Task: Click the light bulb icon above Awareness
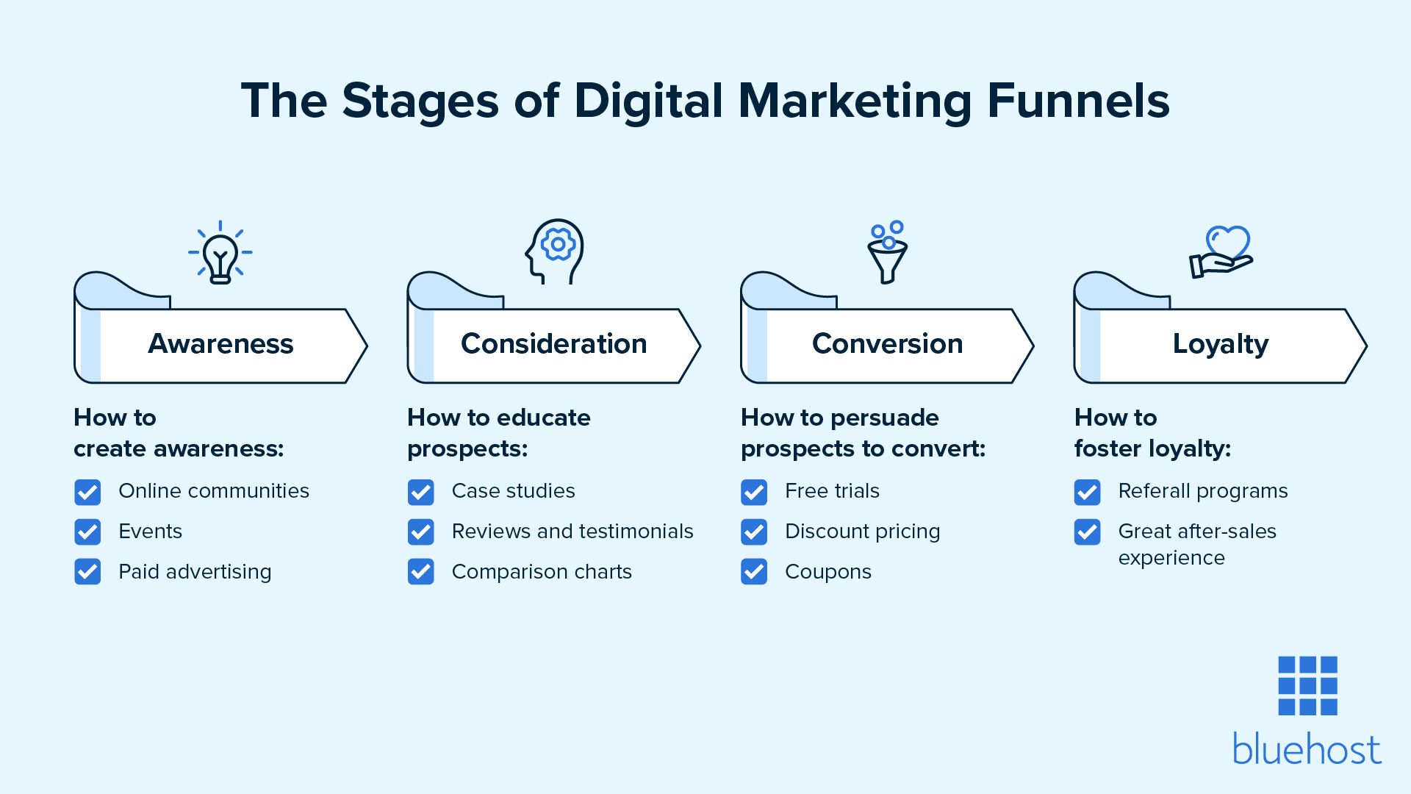[x=220, y=253]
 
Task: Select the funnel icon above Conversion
[x=887, y=253]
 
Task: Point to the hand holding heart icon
[x=1221, y=252]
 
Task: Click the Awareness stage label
[x=220, y=344]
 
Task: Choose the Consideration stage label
[x=553, y=344]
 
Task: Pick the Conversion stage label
[x=887, y=344]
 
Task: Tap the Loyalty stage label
[x=1220, y=344]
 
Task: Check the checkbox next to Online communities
[x=87, y=492]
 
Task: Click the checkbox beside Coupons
[x=754, y=572]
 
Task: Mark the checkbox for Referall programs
[x=1087, y=492]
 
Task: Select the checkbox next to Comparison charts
[x=420, y=572]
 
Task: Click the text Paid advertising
[x=195, y=572]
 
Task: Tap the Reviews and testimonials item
[x=572, y=532]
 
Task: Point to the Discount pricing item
[x=862, y=532]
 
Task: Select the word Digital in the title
[x=648, y=101]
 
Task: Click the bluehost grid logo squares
[x=1307, y=685]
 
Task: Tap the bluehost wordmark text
[x=1307, y=750]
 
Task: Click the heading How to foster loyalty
[x=1152, y=433]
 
